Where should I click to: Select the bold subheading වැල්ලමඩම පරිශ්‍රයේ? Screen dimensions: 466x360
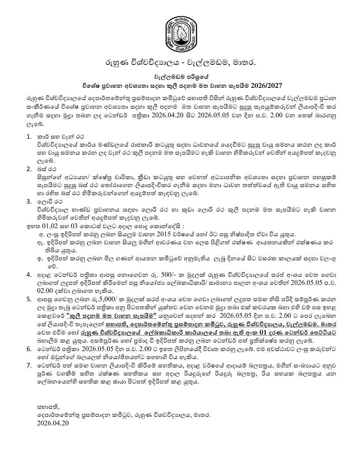pos(180,76)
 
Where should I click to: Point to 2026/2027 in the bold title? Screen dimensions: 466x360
pos(266,84)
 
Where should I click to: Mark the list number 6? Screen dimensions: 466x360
pos(29,352)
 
